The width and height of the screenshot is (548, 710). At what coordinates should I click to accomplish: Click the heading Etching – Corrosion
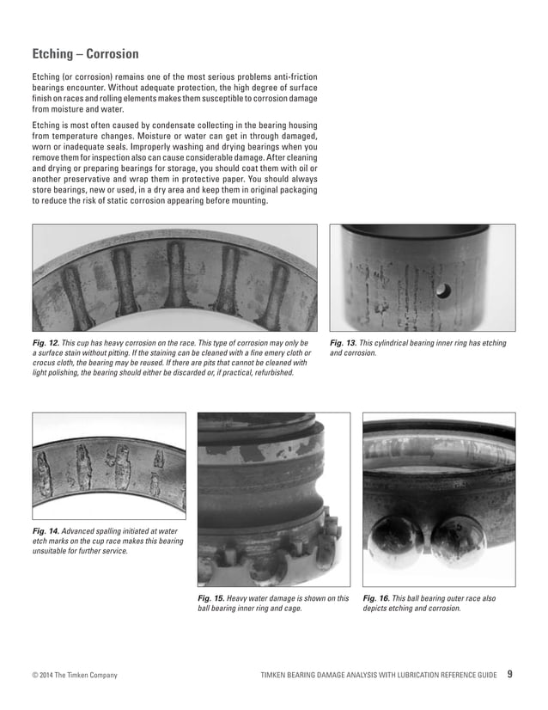point(85,54)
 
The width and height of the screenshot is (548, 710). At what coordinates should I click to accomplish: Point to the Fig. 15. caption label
point(211,598)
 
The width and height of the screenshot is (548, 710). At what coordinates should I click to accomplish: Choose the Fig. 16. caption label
point(376,598)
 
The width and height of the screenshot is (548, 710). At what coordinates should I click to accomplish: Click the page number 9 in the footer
point(510,675)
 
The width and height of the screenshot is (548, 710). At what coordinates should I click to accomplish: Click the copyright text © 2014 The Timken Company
point(75,676)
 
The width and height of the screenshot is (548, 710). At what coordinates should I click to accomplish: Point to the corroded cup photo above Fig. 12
point(174,278)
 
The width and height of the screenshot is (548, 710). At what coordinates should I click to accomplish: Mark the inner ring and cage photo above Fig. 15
point(273,499)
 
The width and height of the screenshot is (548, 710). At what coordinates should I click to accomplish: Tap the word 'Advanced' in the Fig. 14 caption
point(82,532)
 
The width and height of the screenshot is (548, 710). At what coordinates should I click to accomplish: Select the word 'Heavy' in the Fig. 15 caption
point(243,598)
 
